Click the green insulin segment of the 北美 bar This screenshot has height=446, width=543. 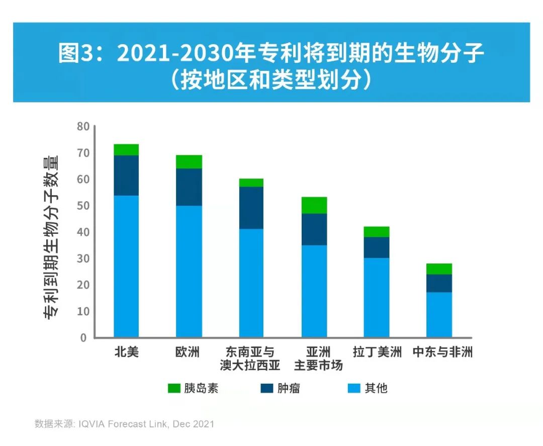click(126, 150)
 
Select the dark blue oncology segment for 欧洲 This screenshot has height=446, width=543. click(189, 187)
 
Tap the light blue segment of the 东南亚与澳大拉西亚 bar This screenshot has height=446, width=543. click(251, 283)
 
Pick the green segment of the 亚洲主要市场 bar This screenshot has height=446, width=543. click(314, 205)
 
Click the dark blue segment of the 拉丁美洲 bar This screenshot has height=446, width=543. click(377, 247)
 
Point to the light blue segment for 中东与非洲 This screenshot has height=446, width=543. click(439, 314)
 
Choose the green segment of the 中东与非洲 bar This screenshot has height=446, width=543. click(439, 269)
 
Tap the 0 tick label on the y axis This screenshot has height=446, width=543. click(84, 337)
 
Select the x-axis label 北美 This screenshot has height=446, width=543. click(126, 352)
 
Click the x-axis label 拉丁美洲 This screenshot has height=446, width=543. click(377, 352)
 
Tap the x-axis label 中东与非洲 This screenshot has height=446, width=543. click(442, 352)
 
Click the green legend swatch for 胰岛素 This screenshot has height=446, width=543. click(173, 388)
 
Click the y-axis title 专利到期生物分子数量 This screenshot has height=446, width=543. click(51, 236)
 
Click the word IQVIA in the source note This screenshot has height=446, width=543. click(92, 424)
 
